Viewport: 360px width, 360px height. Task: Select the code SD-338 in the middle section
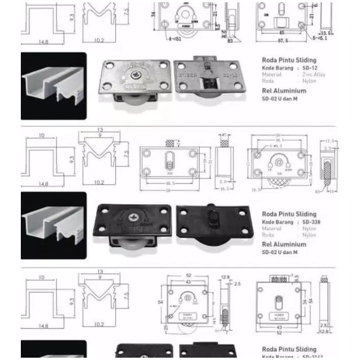tap(311, 222)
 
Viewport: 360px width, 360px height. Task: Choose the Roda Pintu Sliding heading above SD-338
tap(289, 214)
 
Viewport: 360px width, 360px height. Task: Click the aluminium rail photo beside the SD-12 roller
tap(53, 86)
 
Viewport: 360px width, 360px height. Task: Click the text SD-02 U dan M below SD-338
tap(280, 252)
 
